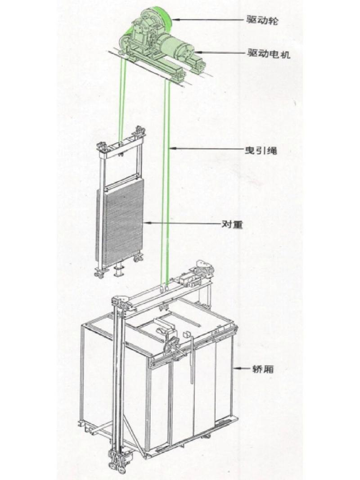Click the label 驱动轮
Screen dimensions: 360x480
point(262,20)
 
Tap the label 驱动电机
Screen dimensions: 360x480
point(269,54)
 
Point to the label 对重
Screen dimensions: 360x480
point(232,224)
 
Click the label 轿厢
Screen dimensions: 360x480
point(263,369)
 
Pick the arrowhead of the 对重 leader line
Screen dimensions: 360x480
point(146,223)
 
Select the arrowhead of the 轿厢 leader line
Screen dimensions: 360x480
point(236,369)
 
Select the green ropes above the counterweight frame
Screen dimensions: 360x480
point(123,101)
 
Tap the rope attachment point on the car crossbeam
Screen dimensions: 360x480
point(164,288)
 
